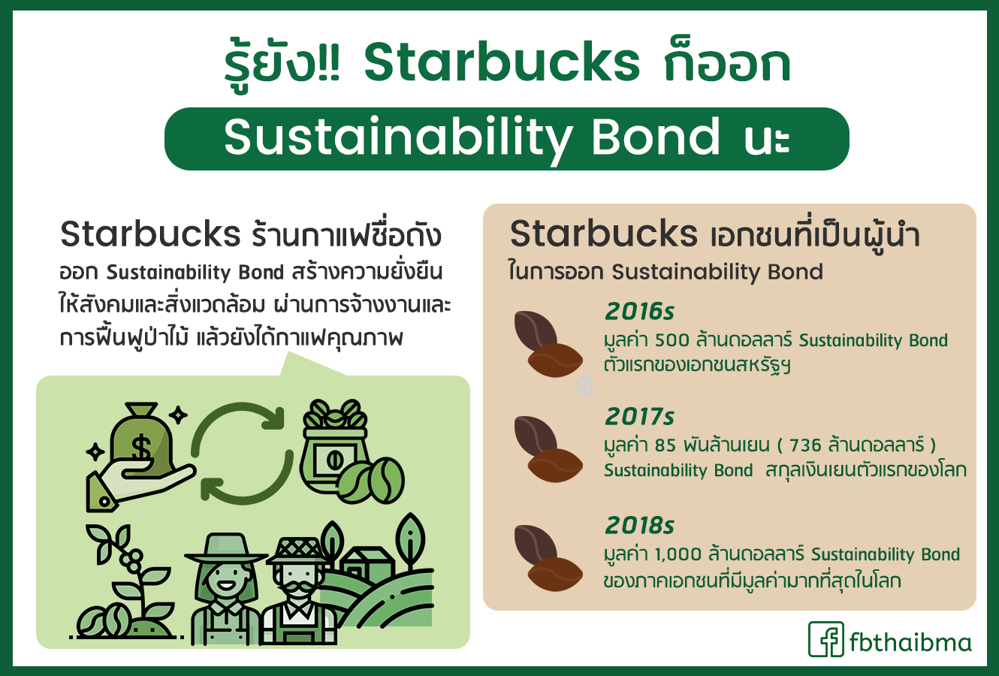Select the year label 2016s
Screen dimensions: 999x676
tap(639, 311)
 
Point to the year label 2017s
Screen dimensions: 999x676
tap(639, 416)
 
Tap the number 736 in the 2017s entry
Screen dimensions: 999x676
tap(805, 445)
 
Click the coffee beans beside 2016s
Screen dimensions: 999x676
tap(548, 344)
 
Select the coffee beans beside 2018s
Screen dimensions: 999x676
tap(548, 558)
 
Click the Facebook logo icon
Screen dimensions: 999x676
tap(826, 639)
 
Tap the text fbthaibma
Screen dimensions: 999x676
tap(910, 642)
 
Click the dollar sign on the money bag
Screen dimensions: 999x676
tap(141, 447)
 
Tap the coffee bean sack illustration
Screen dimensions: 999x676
tap(334, 447)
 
